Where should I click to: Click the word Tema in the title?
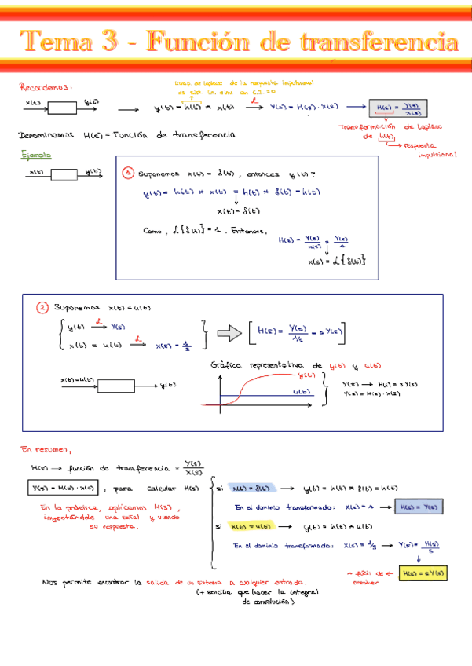[55, 42]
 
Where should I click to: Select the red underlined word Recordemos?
[46, 89]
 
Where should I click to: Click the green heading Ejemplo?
[35, 156]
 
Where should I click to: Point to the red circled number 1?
[127, 172]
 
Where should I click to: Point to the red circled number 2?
[43, 307]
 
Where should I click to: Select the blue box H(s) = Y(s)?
[420, 507]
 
